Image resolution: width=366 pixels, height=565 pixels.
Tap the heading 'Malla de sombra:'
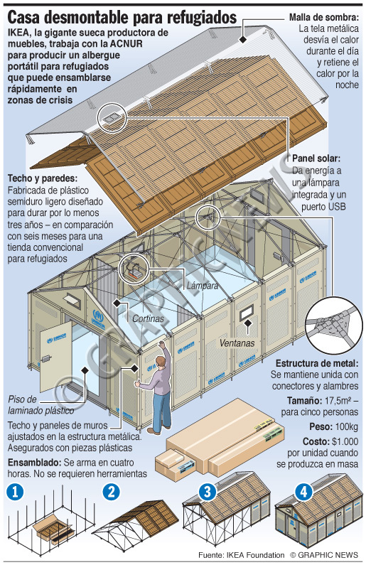click(x=324, y=17)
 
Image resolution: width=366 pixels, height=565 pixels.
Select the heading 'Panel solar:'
click(x=316, y=158)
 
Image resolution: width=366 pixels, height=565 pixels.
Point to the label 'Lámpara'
click(x=203, y=286)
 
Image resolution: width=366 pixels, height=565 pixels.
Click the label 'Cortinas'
click(x=148, y=318)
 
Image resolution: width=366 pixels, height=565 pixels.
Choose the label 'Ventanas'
click(x=237, y=343)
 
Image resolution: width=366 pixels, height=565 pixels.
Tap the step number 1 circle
click(x=15, y=493)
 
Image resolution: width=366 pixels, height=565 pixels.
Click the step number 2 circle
click(x=111, y=493)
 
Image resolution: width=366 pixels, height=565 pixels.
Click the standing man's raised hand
click(x=163, y=344)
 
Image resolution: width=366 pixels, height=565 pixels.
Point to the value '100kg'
click(x=347, y=427)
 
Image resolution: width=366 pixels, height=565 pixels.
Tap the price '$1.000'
click(x=345, y=441)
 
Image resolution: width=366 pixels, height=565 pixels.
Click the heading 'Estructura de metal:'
click(x=317, y=363)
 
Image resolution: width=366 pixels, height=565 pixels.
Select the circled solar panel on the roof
click(x=112, y=117)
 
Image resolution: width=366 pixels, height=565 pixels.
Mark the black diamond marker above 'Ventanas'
click(x=247, y=323)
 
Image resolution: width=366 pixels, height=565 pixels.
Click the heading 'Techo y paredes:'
click(x=43, y=178)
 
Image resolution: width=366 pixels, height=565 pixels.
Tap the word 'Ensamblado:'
click(x=35, y=463)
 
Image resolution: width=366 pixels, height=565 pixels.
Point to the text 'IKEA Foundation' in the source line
click(x=256, y=555)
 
